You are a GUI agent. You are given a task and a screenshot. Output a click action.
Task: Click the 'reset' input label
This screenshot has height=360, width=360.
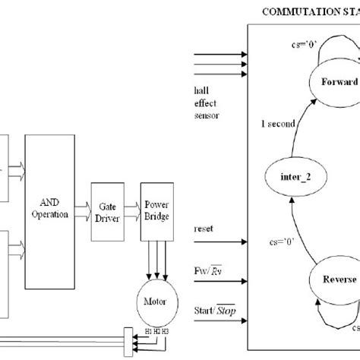(x=204, y=229)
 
